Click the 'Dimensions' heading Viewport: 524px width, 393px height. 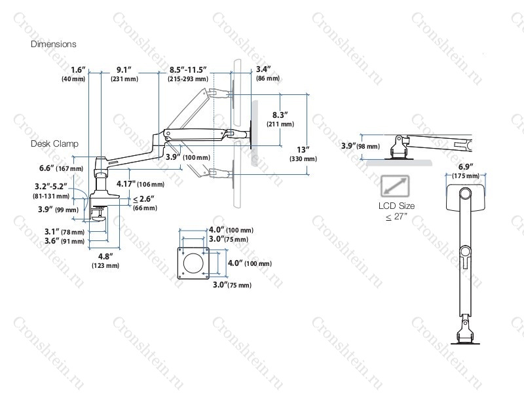click(x=54, y=44)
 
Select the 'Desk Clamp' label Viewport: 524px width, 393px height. click(x=54, y=143)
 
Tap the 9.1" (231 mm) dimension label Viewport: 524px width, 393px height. click(x=124, y=74)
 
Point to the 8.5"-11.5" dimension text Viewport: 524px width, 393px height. click(x=188, y=70)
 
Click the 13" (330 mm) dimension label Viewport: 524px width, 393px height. click(x=303, y=154)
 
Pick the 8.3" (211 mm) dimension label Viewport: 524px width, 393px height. click(x=280, y=119)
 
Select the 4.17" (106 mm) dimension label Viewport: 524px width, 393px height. click(x=140, y=184)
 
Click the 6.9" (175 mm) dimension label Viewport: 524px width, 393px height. click(x=466, y=171)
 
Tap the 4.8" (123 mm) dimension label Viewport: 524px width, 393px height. click(x=105, y=261)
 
